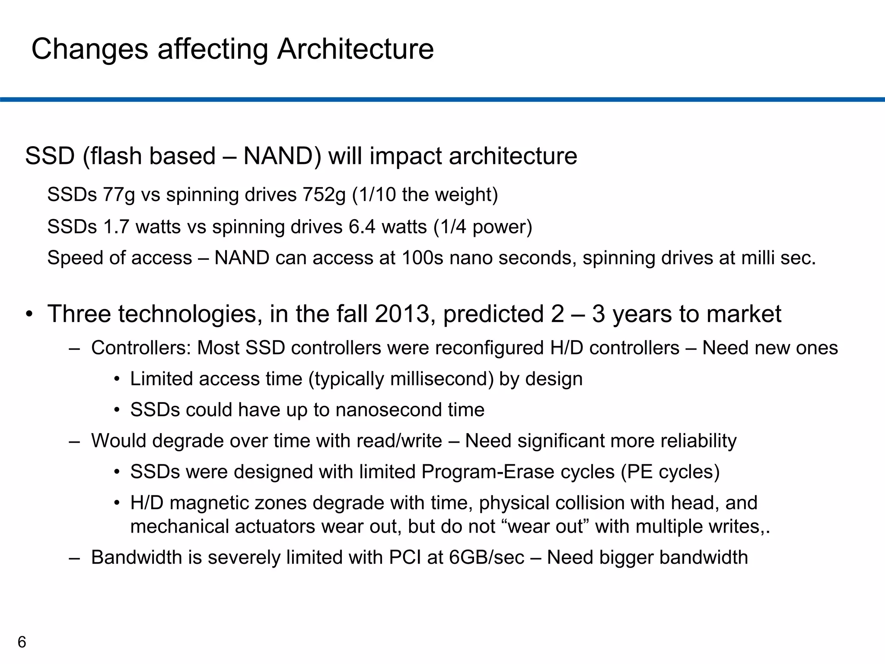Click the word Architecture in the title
355,49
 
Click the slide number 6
22,642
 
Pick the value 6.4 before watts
362,227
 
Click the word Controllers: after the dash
141,348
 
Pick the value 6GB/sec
487,558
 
